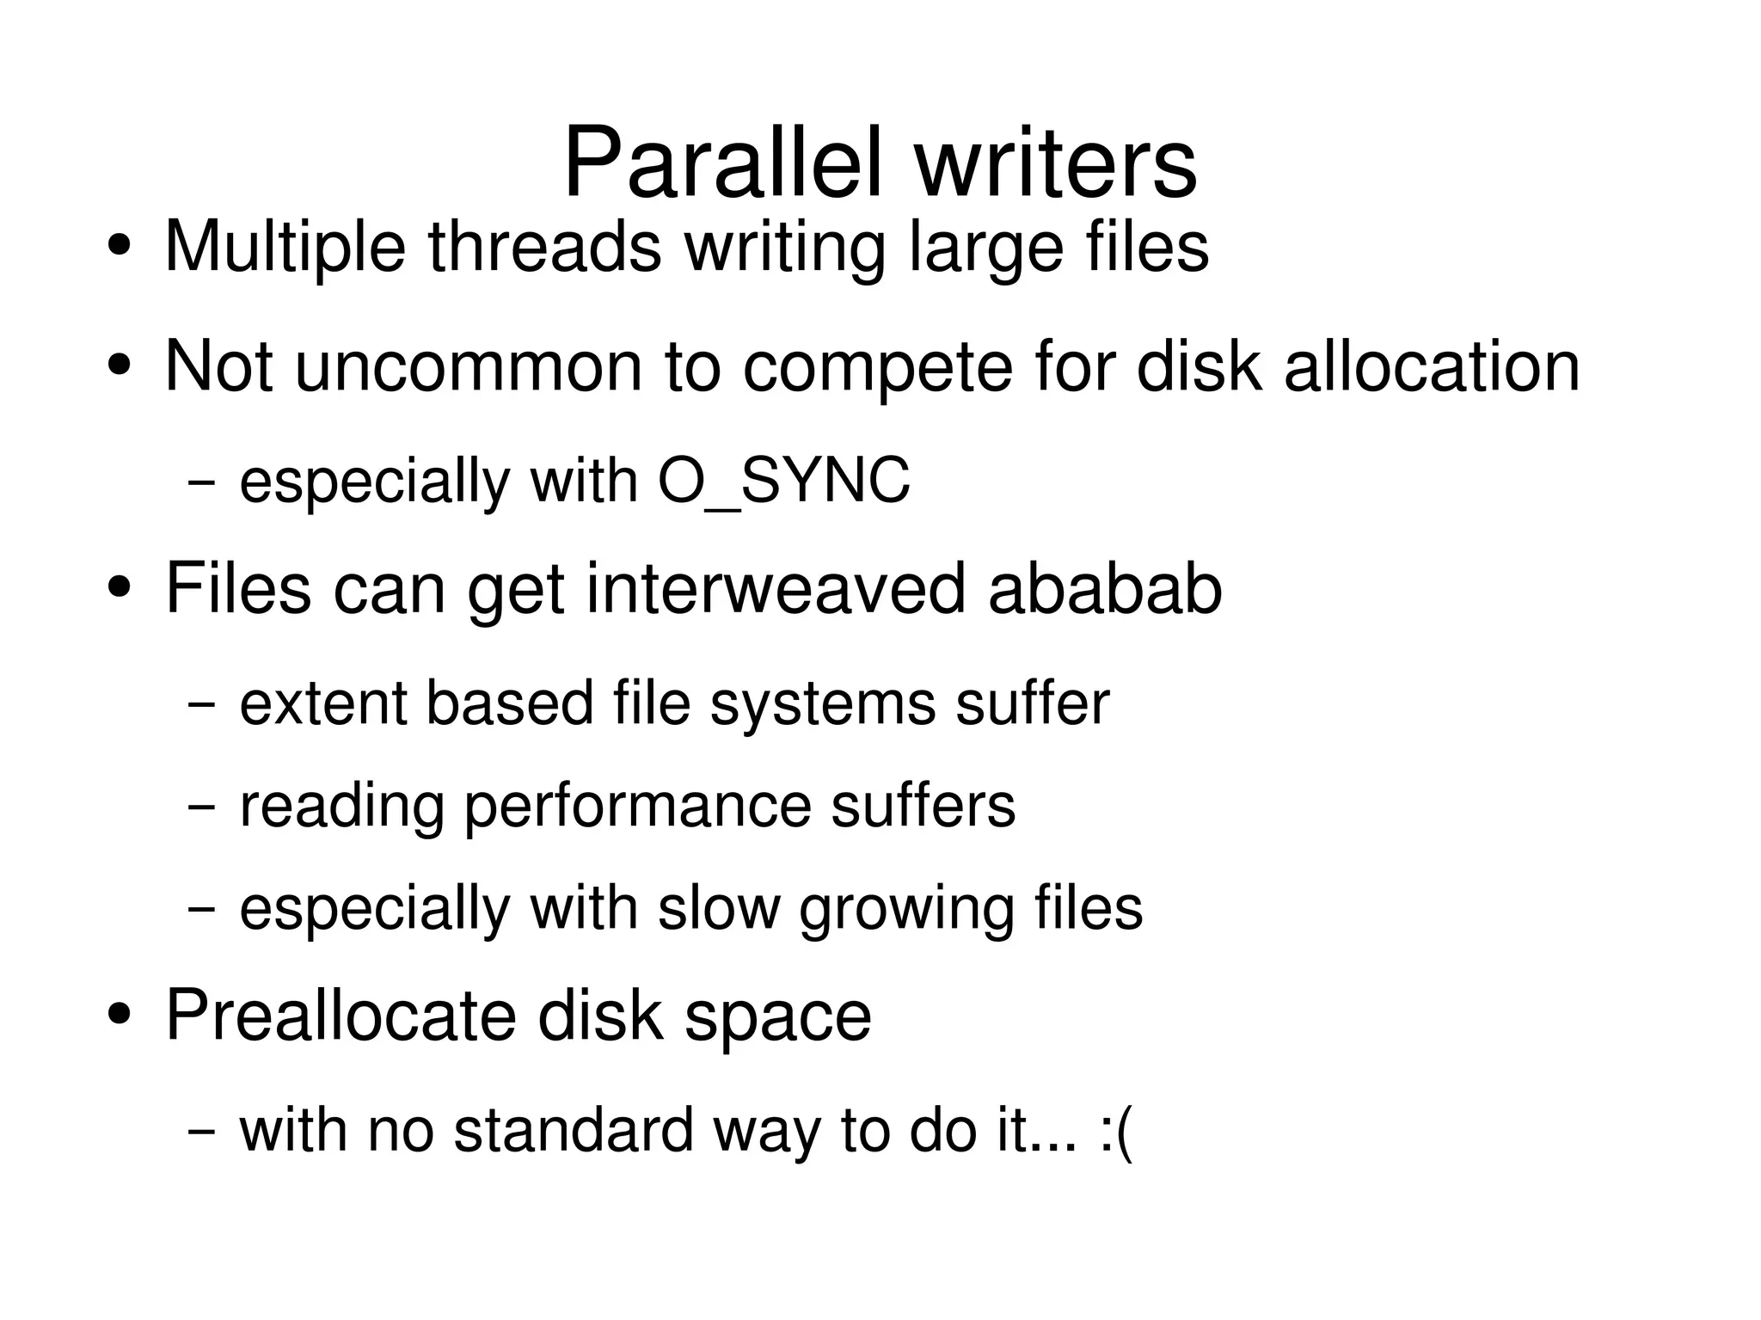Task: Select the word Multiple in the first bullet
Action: point(285,248)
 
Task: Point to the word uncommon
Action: point(468,367)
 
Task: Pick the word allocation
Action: point(1432,367)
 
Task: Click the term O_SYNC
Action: point(783,481)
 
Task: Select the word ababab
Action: point(1105,589)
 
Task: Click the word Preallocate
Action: point(340,1016)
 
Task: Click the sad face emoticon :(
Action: point(1116,1131)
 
